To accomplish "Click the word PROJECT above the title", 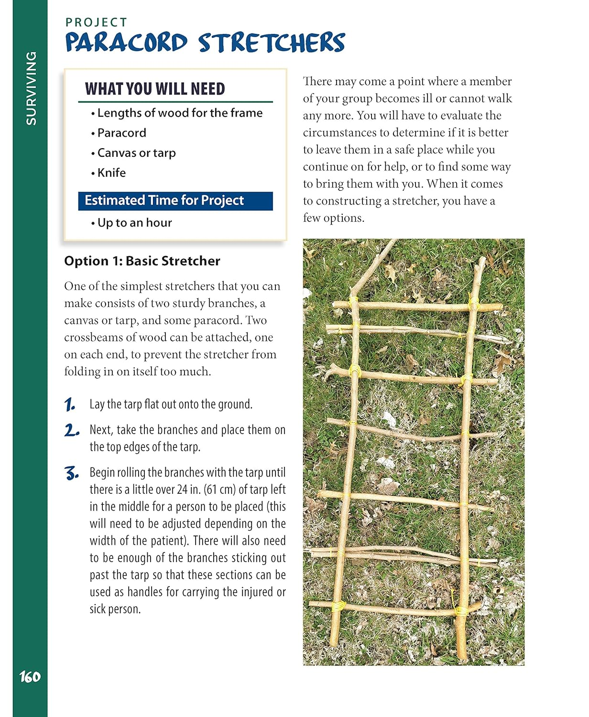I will pyautogui.click(x=97, y=22).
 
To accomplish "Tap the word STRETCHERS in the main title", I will pyautogui.click(x=272, y=43).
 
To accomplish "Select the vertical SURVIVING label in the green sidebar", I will pyautogui.click(x=31, y=88).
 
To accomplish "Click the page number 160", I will pyautogui.click(x=30, y=677).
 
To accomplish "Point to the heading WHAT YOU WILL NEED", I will pyautogui.click(x=155, y=89).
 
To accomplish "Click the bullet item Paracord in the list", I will pyautogui.click(x=121, y=133).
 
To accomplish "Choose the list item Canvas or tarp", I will pyautogui.click(x=136, y=153).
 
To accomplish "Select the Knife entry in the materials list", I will pyautogui.click(x=111, y=173).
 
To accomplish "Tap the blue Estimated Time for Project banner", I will pyautogui.click(x=175, y=201).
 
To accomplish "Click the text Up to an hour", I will pyautogui.click(x=134, y=223).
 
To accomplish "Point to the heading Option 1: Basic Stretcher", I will pyautogui.click(x=142, y=261).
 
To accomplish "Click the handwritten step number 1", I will pyautogui.click(x=70, y=405).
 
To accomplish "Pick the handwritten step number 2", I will pyautogui.click(x=71, y=431).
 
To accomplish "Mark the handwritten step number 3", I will pyautogui.click(x=71, y=474).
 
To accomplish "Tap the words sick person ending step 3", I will pyautogui.click(x=115, y=609).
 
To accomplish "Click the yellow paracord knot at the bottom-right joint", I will pyautogui.click(x=461, y=610).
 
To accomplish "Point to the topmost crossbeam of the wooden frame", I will pyautogui.click(x=416, y=307).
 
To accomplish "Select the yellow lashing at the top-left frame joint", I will pyautogui.click(x=354, y=302).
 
